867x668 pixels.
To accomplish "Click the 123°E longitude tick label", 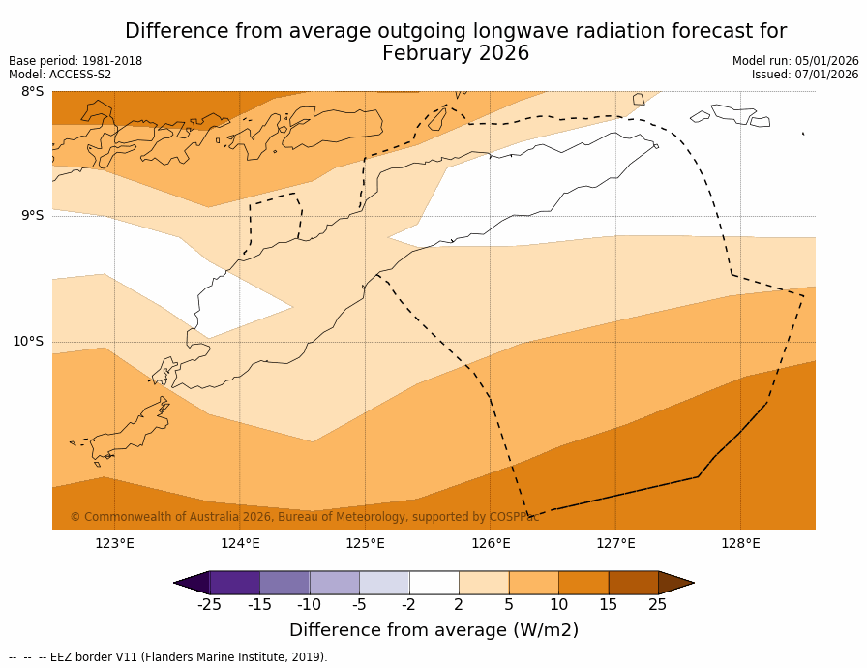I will (114, 543).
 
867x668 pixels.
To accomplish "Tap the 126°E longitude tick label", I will (491, 543).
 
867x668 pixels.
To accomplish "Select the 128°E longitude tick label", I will (740, 543).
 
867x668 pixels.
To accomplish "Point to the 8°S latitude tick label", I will (32, 92).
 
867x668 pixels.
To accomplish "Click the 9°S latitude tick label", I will (32, 216).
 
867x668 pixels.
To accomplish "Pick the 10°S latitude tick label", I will (28, 341).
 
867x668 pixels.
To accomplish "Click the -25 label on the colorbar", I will (209, 605).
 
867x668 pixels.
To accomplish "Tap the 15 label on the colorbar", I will (608, 605).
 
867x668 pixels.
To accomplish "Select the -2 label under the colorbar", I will (408, 605).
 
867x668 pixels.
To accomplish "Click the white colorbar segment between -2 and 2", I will (433, 583).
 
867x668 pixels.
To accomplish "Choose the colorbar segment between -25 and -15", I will (234, 583).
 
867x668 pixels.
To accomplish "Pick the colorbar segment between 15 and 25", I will (633, 583).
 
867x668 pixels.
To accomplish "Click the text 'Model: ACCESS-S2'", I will (60, 75).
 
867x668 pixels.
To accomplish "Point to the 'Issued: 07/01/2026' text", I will (805, 75).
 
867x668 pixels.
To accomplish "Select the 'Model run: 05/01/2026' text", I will (795, 61).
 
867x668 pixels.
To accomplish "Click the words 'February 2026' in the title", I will (456, 54).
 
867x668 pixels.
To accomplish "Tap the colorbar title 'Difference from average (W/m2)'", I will (433, 630).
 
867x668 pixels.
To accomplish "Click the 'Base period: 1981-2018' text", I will (75, 61).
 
